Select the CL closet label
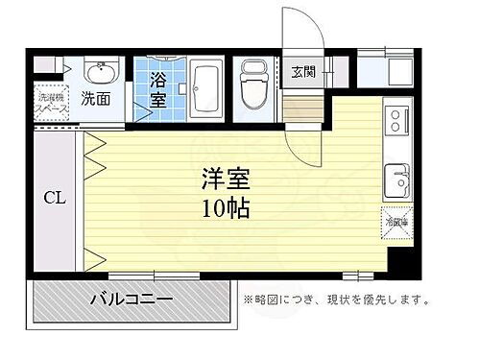click(54, 200)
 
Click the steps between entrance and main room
click(303, 108)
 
